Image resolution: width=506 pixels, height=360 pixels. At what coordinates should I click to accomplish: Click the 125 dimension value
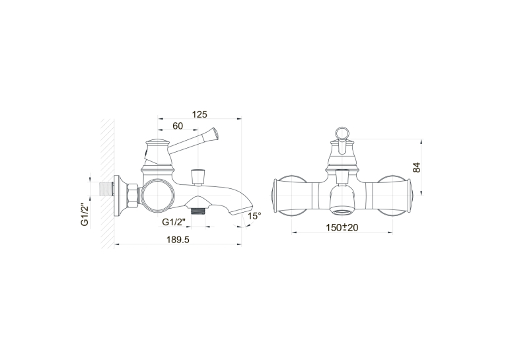point(199,114)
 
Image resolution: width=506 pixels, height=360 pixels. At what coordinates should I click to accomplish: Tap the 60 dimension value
point(178,126)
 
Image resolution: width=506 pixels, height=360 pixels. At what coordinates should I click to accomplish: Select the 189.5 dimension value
point(178,240)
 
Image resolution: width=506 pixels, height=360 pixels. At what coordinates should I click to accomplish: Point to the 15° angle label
point(254,216)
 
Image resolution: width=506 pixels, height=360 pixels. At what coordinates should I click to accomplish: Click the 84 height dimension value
point(417,167)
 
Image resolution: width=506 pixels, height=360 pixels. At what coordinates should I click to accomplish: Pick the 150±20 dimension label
point(342,227)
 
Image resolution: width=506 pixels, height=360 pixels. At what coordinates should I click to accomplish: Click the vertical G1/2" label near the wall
point(85,215)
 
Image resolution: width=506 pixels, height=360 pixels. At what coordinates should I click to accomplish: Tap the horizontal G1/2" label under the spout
point(174,222)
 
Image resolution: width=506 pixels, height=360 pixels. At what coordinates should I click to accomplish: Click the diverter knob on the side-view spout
point(198,177)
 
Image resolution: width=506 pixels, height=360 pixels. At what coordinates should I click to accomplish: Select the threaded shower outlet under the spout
point(198,211)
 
